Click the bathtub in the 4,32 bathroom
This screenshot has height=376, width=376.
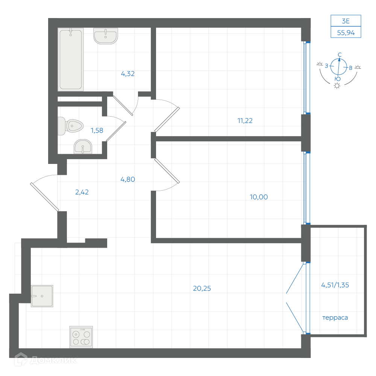pyautogui.click(x=71, y=59)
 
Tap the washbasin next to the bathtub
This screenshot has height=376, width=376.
pyautogui.click(x=106, y=36)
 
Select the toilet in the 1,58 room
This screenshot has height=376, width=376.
pyautogui.click(x=71, y=126)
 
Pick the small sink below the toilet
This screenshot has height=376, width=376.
pyautogui.click(x=83, y=147)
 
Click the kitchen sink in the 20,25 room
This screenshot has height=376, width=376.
pyautogui.click(x=42, y=296)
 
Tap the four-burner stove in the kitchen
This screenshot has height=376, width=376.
pyautogui.click(x=81, y=337)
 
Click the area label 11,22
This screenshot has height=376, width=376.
pyautogui.click(x=245, y=121)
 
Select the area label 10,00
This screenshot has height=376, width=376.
pyautogui.click(x=259, y=197)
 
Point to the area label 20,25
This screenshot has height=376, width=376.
pyautogui.click(x=202, y=288)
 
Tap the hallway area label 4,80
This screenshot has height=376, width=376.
pyautogui.click(x=127, y=179)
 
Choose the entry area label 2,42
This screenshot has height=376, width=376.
pyautogui.click(x=82, y=192)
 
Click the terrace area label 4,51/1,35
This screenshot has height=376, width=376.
pyautogui.click(x=335, y=285)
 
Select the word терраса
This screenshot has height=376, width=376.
pyautogui.click(x=335, y=318)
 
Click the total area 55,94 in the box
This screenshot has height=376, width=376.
pyautogui.click(x=346, y=33)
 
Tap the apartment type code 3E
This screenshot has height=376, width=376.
pyautogui.click(x=346, y=21)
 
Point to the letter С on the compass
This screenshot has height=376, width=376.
pyautogui.click(x=340, y=55)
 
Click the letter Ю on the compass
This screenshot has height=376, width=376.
pyautogui.click(x=337, y=79)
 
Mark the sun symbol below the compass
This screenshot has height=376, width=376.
pyautogui.click(x=337, y=86)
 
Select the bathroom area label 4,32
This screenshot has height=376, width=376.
pyautogui.click(x=127, y=74)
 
